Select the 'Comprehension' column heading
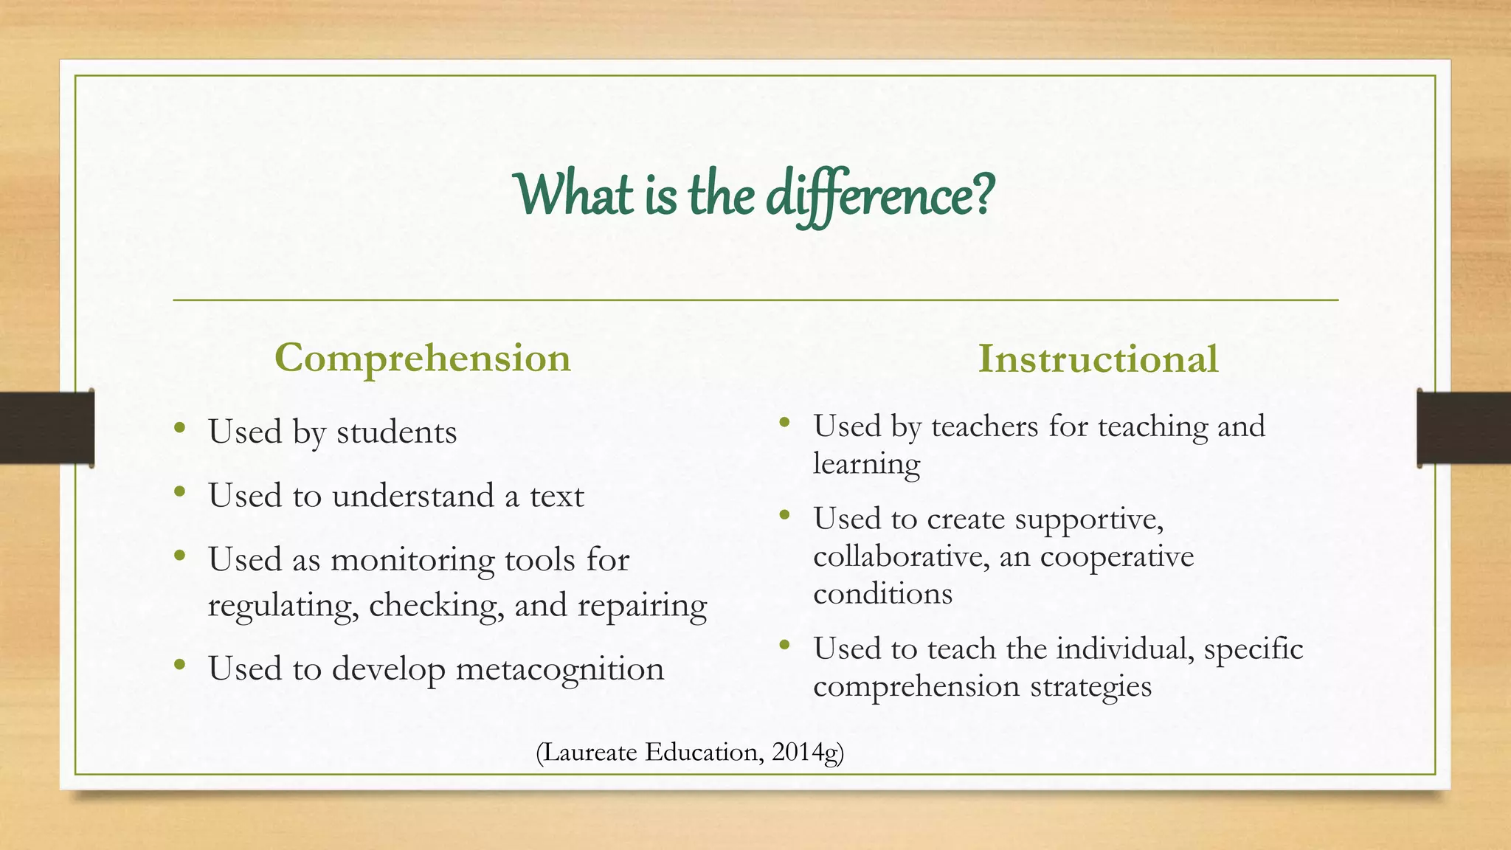point(423,359)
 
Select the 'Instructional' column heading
point(1098,359)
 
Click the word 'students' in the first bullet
point(397,432)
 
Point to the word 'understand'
point(413,496)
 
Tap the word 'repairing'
point(642,607)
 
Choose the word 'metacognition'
point(560,669)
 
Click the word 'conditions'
point(882,594)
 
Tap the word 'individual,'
point(1126,649)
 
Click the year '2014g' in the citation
point(805,752)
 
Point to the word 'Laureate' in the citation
point(590,752)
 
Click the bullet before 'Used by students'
point(179,427)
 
